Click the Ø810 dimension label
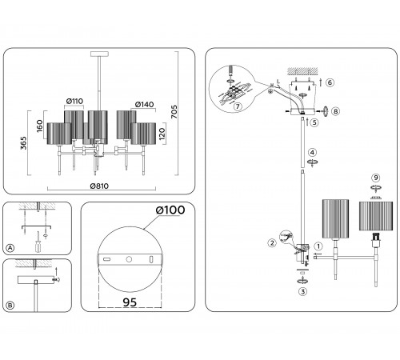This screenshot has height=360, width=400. pyautogui.click(x=99, y=186)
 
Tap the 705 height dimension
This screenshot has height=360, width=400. pyautogui.click(x=174, y=112)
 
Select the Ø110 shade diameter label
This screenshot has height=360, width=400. pyautogui.click(x=74, y=101)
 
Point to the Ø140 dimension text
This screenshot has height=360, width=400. pyautogui.click(x=145, y=104)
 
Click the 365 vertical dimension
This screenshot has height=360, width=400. pyautogui.click(x=24, y=143)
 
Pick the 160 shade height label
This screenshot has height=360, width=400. pyautogui.click(x=39, y=126)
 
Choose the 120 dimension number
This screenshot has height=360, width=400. pyautogui.click(x=162, y=134)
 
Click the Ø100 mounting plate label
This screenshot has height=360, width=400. pyautogui.click(x=170, y=210)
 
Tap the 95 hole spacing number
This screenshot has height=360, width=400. pyautogui.click(x=130, y=302)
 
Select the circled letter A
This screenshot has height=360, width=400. pyautogui.click(x=10, y=248)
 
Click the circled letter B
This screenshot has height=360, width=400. pyautogui.click(x=10, y=306)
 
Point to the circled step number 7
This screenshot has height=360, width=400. pyautogui.click(x=238, y=106)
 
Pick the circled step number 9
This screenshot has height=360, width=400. pyautogui.click(x=376, y=178)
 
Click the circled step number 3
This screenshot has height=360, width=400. pyautogui.click(x=302, y=291)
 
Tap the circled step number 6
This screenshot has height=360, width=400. pyautogui.click(x=330, y=82)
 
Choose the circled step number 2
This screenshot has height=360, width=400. pyautogui.click(x=272, y=243)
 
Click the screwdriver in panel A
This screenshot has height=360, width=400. pyautogui.click(x=38, y=242)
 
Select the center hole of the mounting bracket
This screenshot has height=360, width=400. pyautogui.click(x=129, y=259)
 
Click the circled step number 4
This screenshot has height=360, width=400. pyautogui.click(x=312, y=153)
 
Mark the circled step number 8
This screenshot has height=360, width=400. pyautogui.click(x=336, y=111)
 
